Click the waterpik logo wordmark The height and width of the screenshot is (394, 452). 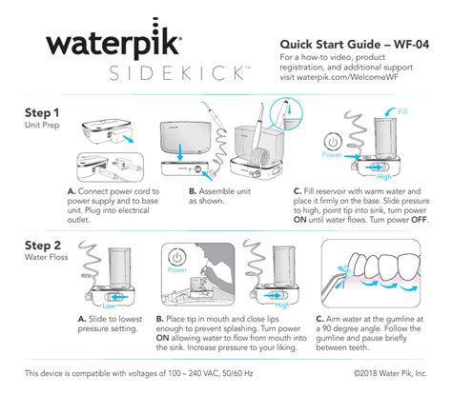pyautogui.click(x=114, y=40)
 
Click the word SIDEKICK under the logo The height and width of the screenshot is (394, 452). pyautogui.click(x=179, y=73)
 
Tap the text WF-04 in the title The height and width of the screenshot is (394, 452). pyautogui.click(x=411, y=45)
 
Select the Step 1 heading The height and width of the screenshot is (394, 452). pyautogui.click(x=42, y=113)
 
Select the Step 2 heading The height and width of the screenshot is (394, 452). pyautogui.click(x=43, y=246)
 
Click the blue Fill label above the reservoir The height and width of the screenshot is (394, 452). pyautogui.click(x=402, y=111)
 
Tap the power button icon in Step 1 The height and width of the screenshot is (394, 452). pyautogui.click(x=333, y=142)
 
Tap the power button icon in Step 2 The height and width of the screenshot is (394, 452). pyautogui.click(x=177, y=257)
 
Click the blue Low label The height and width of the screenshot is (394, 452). pyautogui.click(x=109, y=306)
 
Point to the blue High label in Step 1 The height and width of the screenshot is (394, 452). pyautogui.click(x=384, y=177)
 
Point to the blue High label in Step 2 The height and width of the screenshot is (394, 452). pyautogui.click(x=282, y=305)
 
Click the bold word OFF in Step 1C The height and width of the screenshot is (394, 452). pyautogui.click(x=420, y=220)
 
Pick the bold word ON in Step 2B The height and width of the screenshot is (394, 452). pyautogui.click(x=162, y=338)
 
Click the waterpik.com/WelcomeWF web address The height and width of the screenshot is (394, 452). pyautogui.click(x=347, y=77)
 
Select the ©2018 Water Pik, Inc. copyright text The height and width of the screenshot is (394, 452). pyautogui.click(x=390, y=373)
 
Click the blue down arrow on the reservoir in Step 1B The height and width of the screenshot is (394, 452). pyautogui.click(x=180, y=152)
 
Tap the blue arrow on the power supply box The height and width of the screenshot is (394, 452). pyautogui.click(x=128, y=139)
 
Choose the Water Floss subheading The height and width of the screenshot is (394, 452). pyautogui.click(x=47, y=257)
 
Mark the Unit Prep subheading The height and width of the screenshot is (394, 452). pyautogui.click(x=42, y=125)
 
